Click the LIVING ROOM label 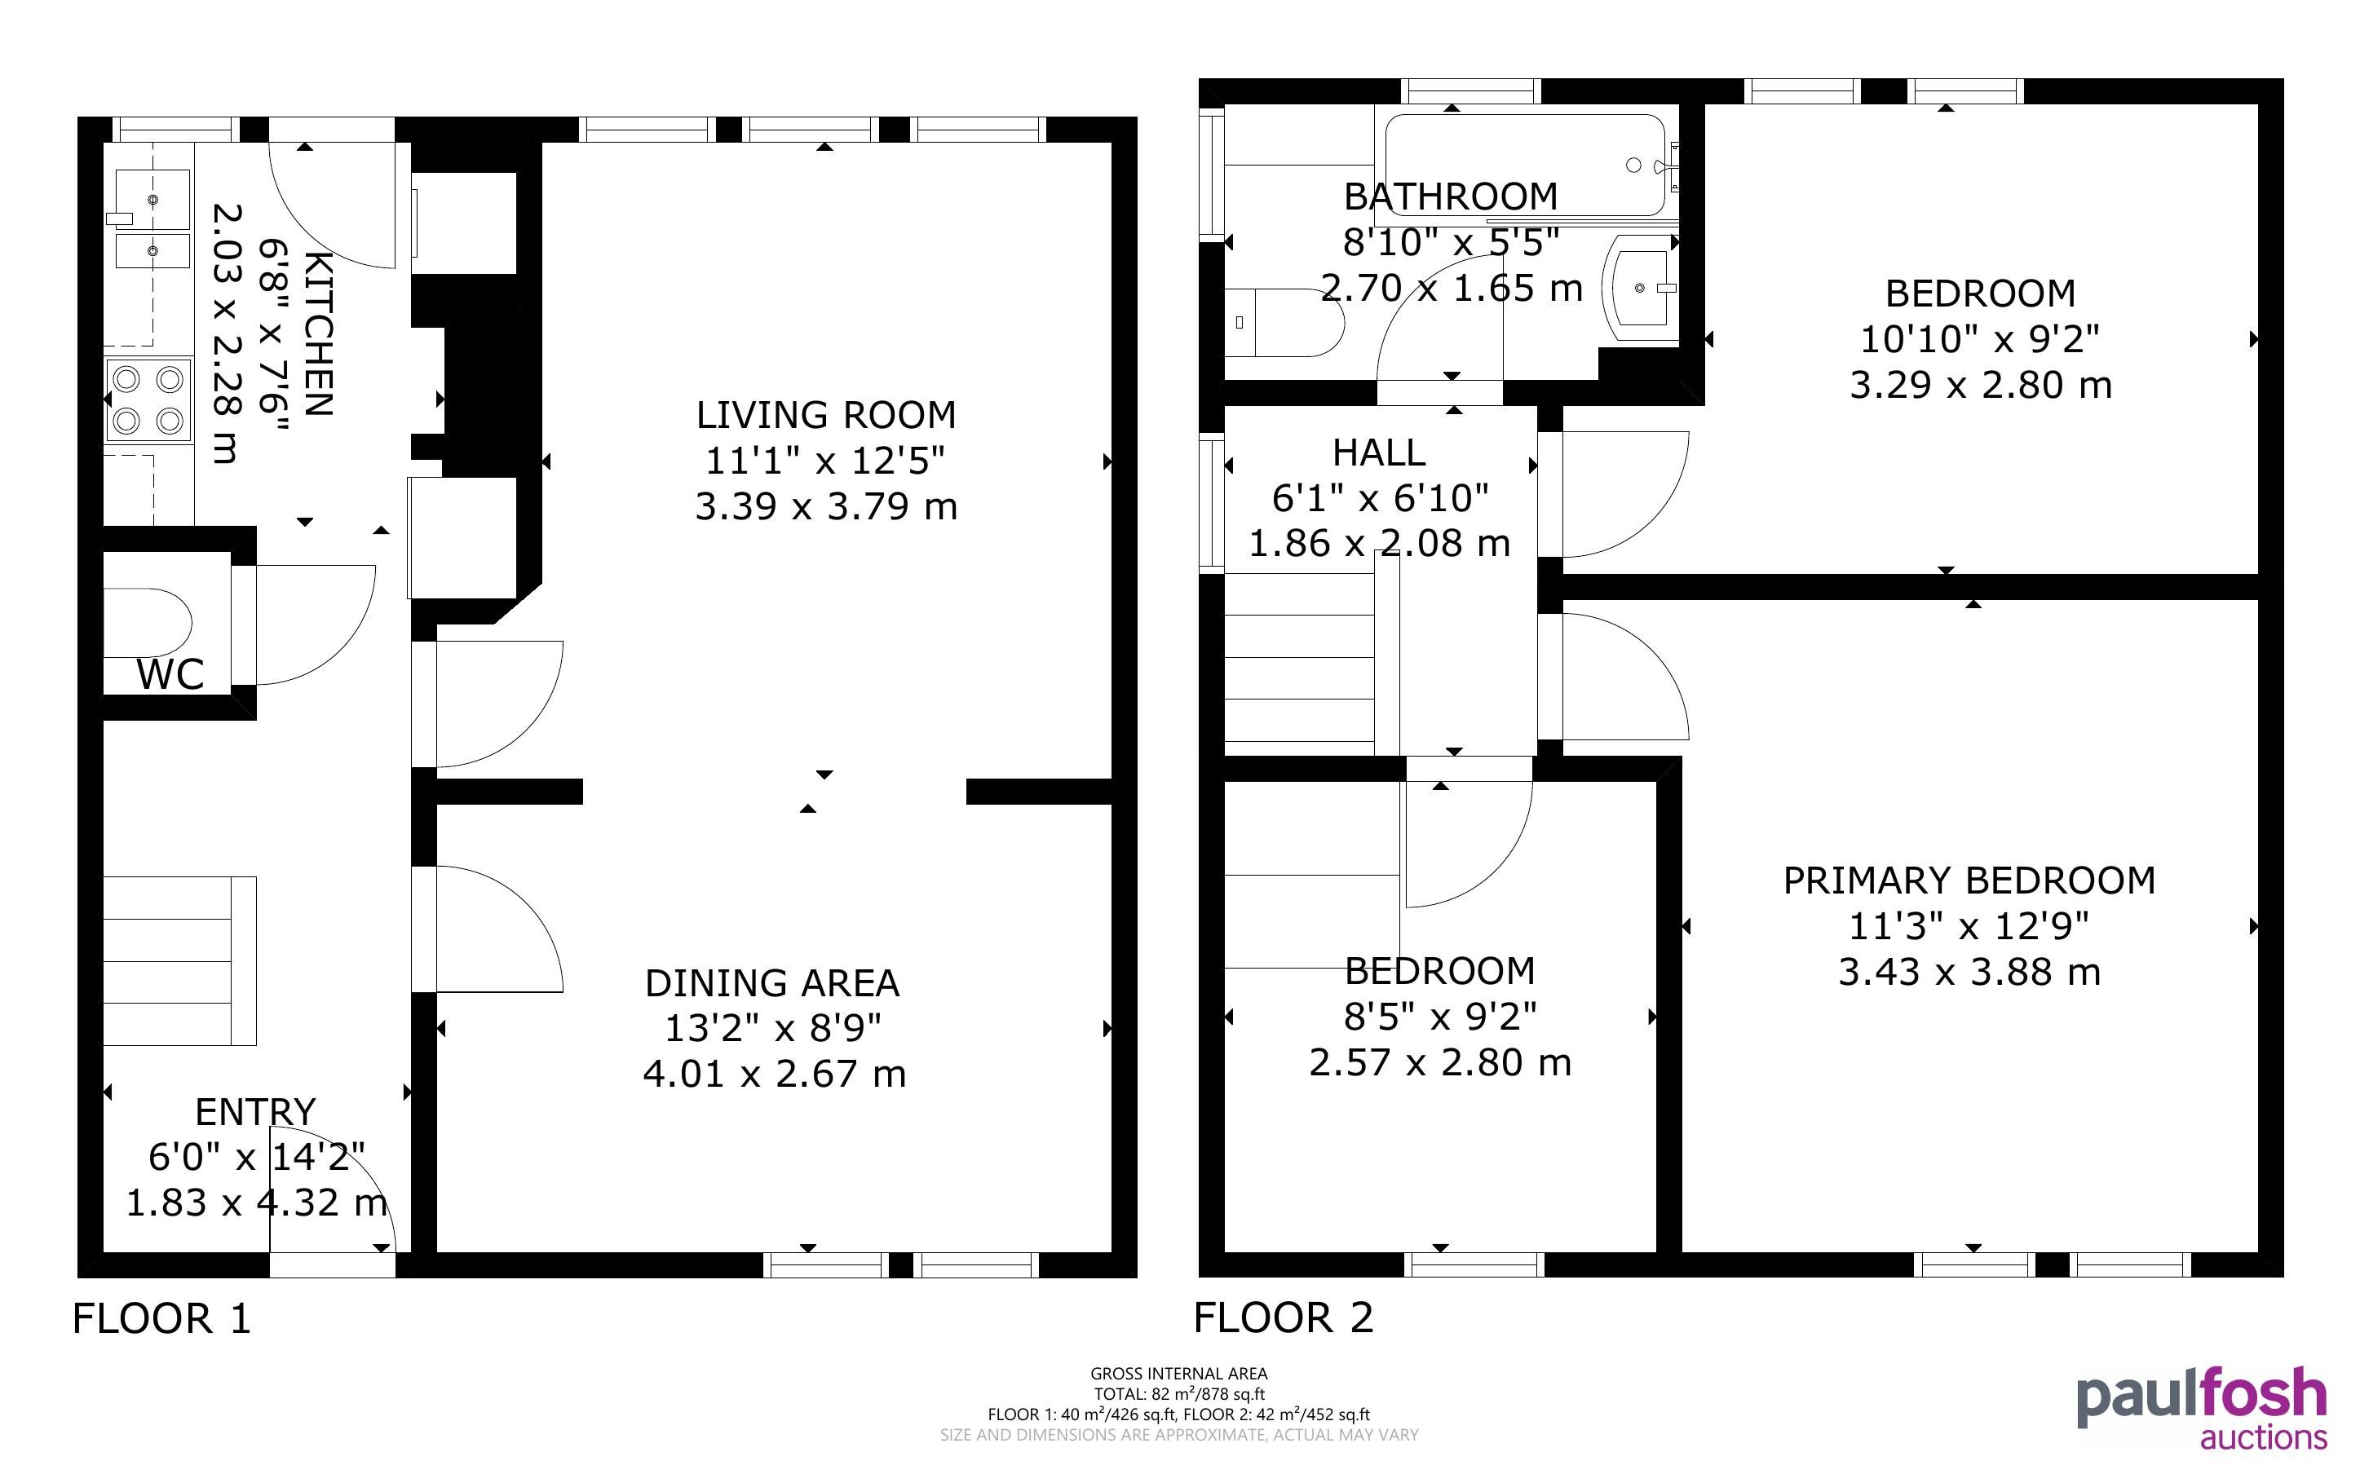pyautogui.click(x=825, y=415)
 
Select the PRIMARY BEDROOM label pyautogui.click(x=1969, y=880)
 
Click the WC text pyautogui.click(x=170, y=673)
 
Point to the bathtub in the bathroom pyautogui.click(x=1526, y=165)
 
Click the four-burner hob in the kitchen pyautogui.click(x=148, y=399)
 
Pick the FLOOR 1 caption pyautogui.click(x=161, y=1318)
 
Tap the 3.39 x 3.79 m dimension pyautogui.click(x=825, y=506)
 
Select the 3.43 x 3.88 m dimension pyautogui.click(x=1969, y=972)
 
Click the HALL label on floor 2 pyautogui.click(x=1378, y=452)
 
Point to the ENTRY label pyautogui.click(x=255, y=1111)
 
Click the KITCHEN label pyautogui.click(x=319, y=333)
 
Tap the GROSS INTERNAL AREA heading pyautogui.click(x=1178, y=1374)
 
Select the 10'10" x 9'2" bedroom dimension pyautogui.click(x=1980, y=339)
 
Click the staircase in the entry pyautogui.click(x=179, y=961)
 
